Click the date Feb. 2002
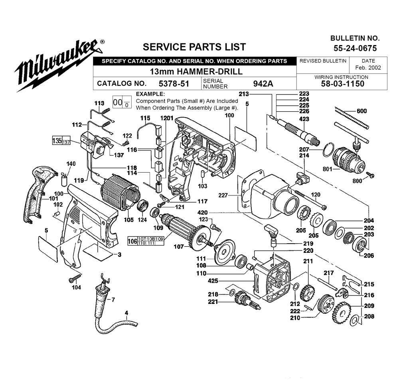368,68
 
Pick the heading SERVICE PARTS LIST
194,47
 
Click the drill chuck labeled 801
350,158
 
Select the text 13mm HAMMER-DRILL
196,72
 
